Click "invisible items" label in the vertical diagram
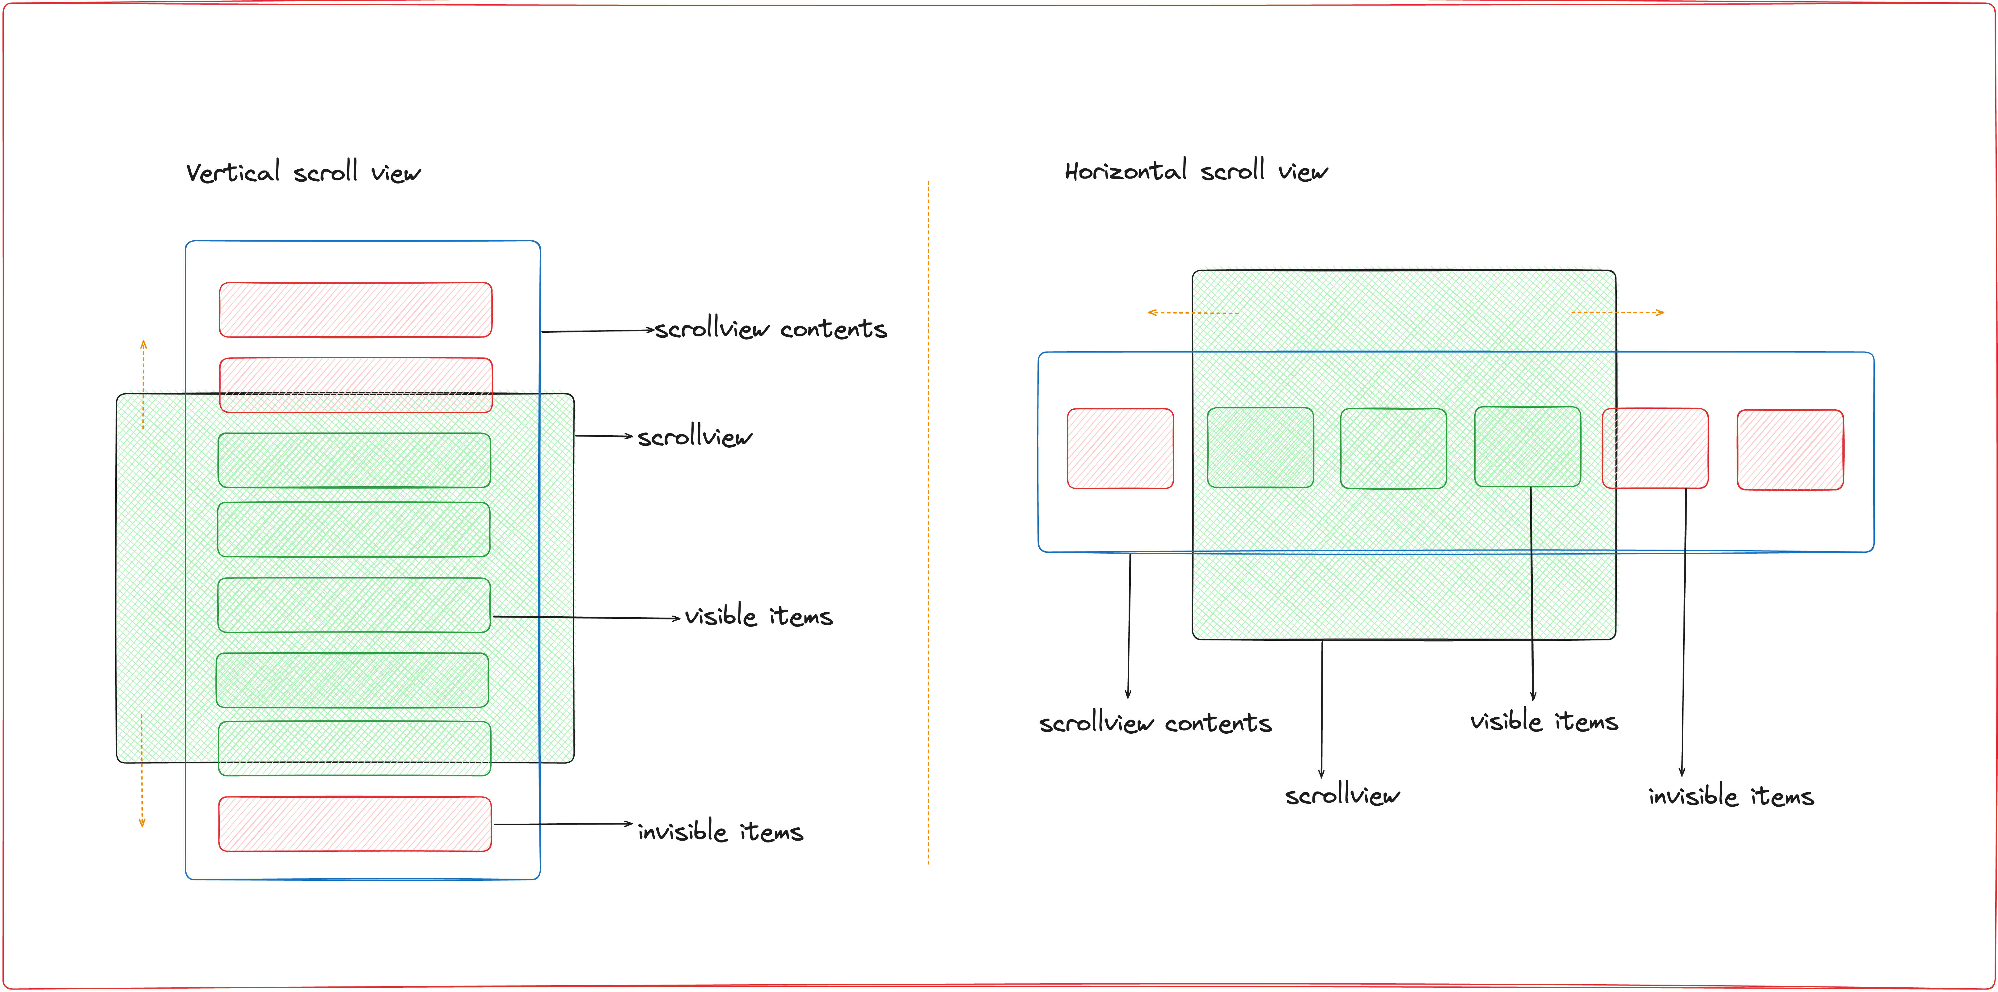720,831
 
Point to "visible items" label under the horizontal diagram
1544,721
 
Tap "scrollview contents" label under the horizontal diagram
1155,723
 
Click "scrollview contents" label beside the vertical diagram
770,329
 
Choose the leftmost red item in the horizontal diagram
1120,448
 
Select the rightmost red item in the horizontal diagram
1790,450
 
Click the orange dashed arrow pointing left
1192,313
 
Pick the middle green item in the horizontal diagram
1393,448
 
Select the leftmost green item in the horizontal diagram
1261,448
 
